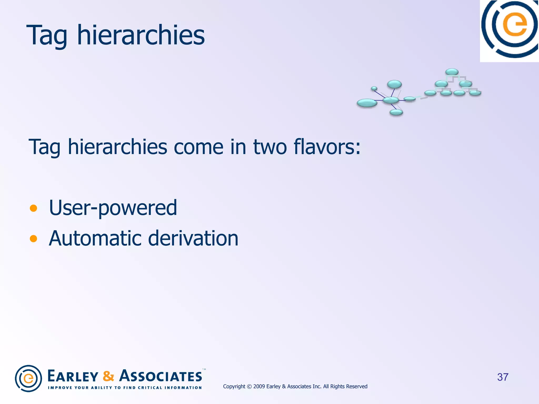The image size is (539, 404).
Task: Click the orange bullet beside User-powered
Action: [33, 208]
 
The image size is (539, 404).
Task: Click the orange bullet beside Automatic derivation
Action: [33, 239]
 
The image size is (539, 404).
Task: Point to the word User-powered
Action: [113, 208]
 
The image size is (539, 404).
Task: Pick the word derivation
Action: [193, 238]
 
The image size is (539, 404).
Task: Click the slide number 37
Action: [502, 377]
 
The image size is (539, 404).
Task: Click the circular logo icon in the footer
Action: [28, 378]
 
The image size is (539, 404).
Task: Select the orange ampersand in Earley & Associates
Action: [108, 376]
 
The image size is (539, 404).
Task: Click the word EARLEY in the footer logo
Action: [73, 376]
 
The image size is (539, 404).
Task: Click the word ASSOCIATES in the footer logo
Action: [161, 376]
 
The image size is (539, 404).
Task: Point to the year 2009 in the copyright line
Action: [259, 386]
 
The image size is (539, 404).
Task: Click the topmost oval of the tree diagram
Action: [452, 72]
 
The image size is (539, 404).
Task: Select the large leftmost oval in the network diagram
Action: [367, 103]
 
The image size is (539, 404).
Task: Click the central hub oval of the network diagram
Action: [391, 100]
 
